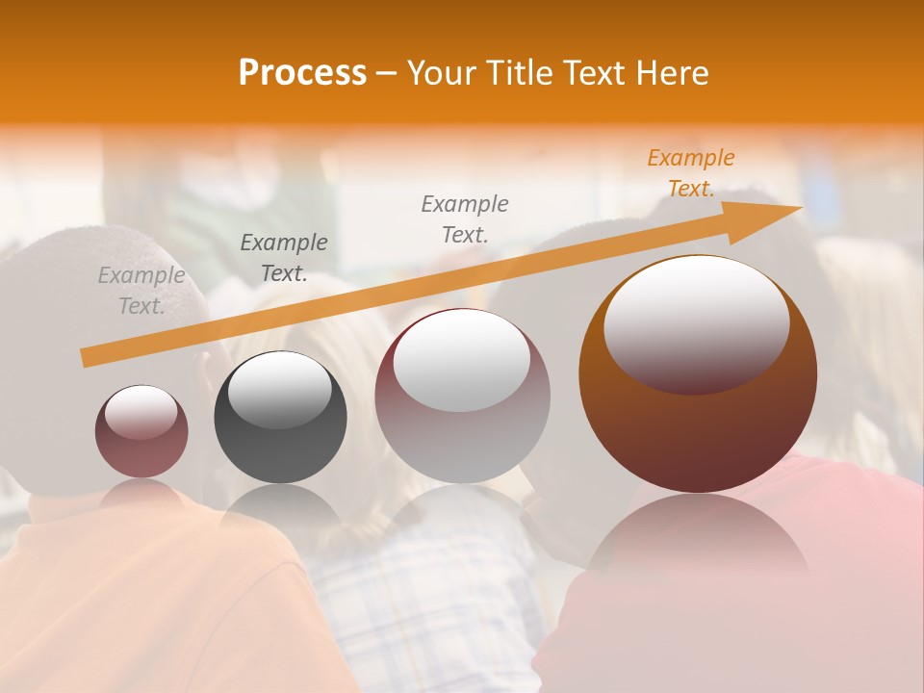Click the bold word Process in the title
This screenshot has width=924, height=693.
click(x=302, y=73)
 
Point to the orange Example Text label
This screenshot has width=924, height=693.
click(x=690, y=173)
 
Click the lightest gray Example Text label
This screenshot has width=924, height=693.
click(x=141, y=291)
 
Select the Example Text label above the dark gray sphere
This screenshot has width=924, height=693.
click(x=284, y=258)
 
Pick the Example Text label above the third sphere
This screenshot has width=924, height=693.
click(x=465, y=218)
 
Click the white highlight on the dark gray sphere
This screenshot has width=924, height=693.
click(x=280, y=391)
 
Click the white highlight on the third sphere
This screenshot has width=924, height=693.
click(x=462, y=358)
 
